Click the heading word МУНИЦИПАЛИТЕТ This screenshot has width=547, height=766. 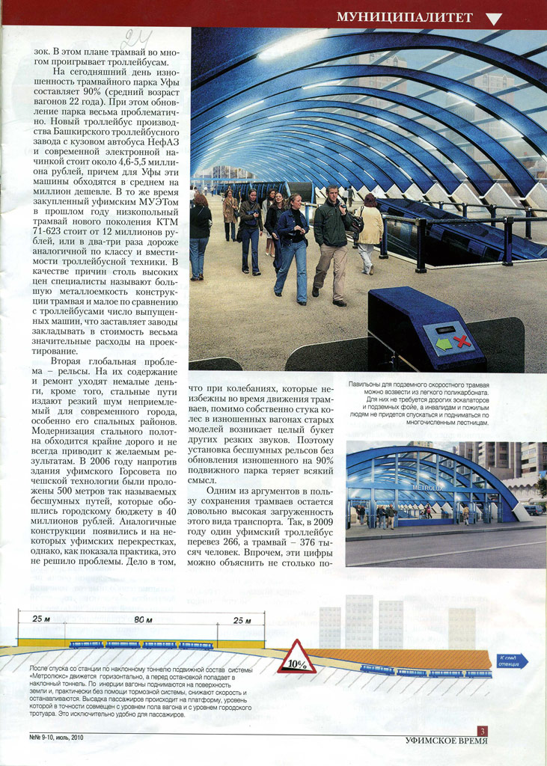404,16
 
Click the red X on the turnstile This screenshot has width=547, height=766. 462,343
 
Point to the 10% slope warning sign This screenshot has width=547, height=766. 296,658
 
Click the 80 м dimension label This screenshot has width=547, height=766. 143,620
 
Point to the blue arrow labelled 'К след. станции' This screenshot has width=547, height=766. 513,661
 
